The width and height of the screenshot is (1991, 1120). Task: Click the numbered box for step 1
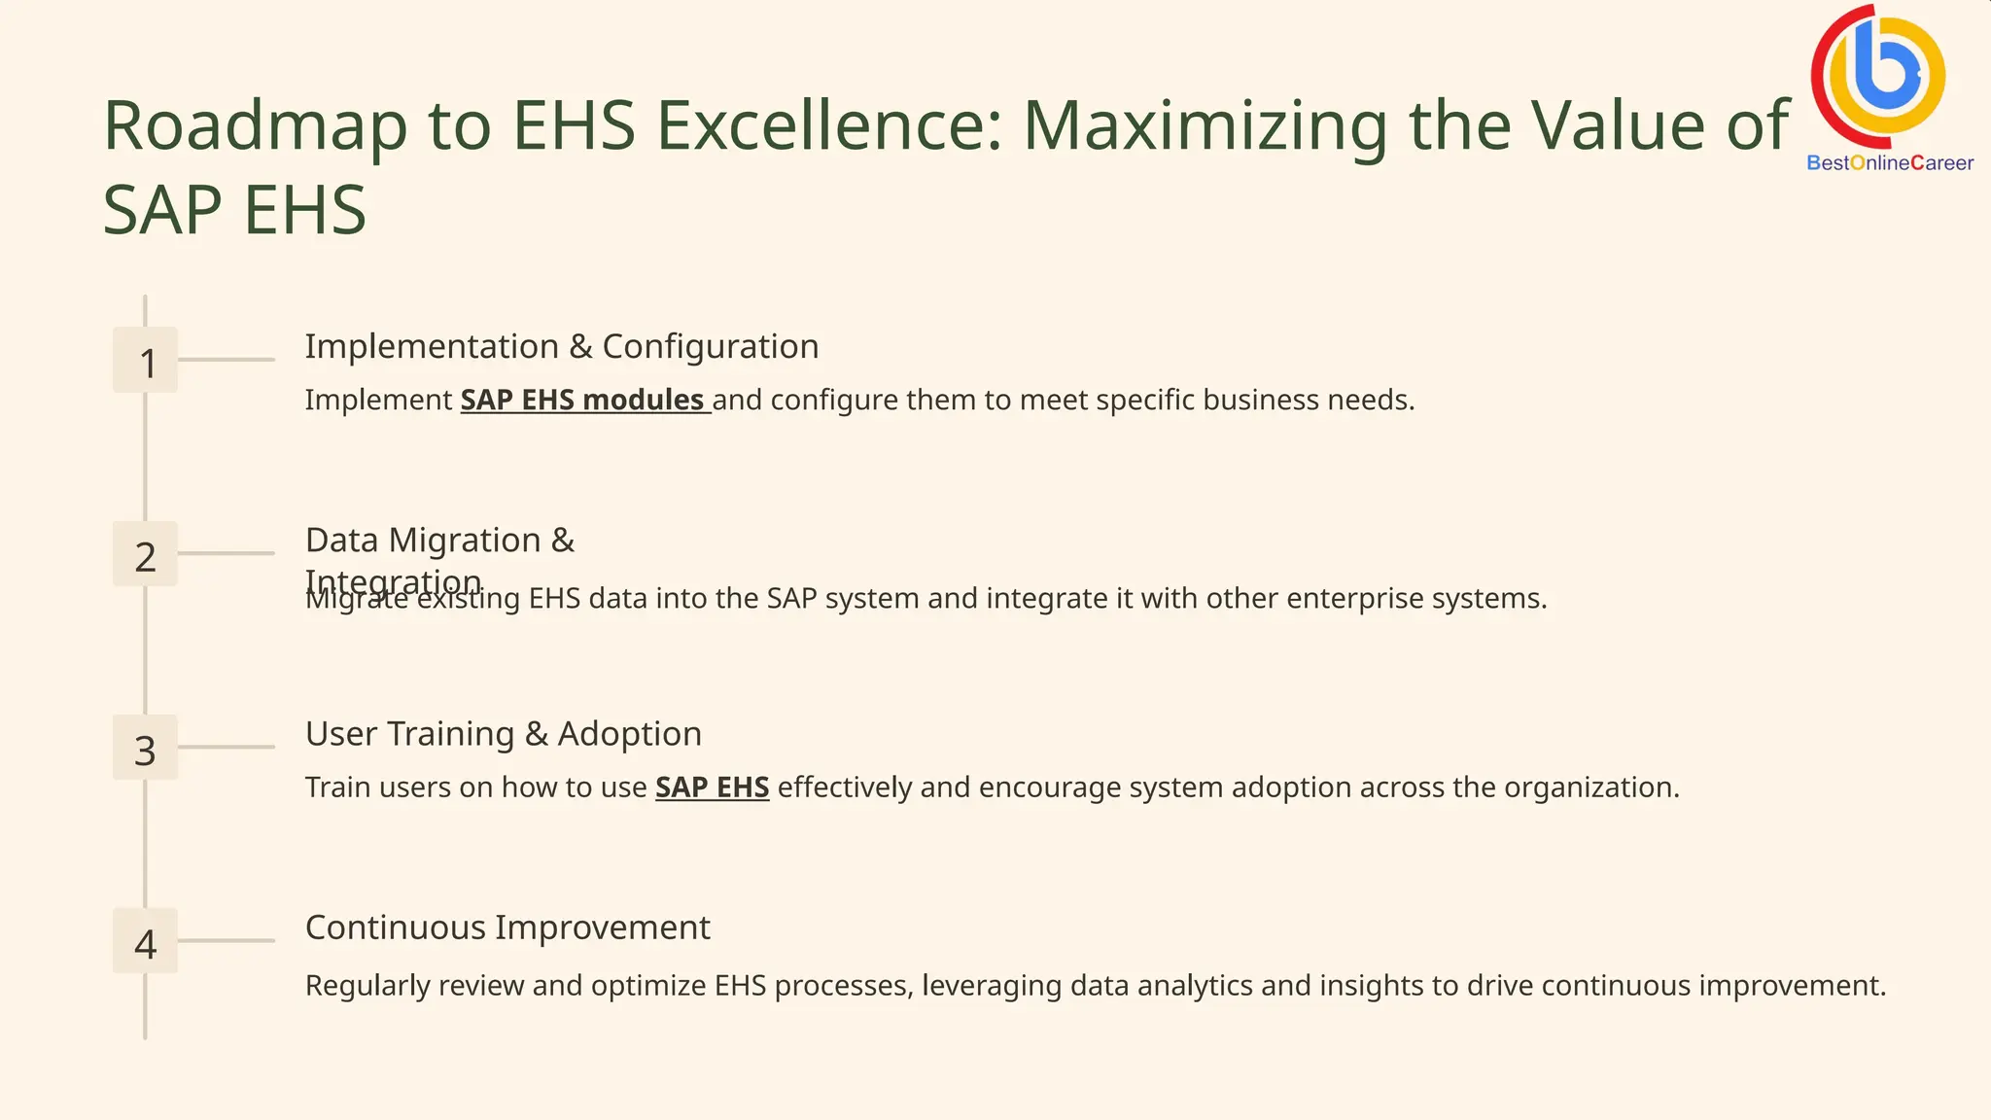pyautogui.click(x=145, y=360)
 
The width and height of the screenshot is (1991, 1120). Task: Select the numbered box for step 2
pyautogui.click(x=145, y=554)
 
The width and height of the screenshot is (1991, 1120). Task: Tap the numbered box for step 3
pyautogui.click(x=145, y=748)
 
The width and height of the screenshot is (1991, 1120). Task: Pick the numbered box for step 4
pyautogui.click(x=145, y=941)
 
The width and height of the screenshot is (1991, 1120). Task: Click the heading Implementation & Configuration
pyautogui.click(x=561, y=347)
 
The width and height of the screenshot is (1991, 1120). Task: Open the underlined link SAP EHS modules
pyautogui.click(x=583, y=401)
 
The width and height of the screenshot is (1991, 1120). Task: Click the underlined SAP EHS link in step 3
pyautogui.click(x=712, y=787)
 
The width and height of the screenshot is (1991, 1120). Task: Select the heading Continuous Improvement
pyautogui.click(x=507, y=928)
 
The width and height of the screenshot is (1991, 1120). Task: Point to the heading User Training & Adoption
pyautogui.click(x=503, y=734)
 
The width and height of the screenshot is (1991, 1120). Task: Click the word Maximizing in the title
pyautogui.click(x=1205, y=126)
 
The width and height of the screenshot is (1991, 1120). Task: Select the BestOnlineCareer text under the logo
pyautogui.click(x=1889, y=163)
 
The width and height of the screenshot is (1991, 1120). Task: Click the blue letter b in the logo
pyautogui.click(x=1887, y=68)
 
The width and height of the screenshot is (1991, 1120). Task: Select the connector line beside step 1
pyautogui.click(x=227, y=360)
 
